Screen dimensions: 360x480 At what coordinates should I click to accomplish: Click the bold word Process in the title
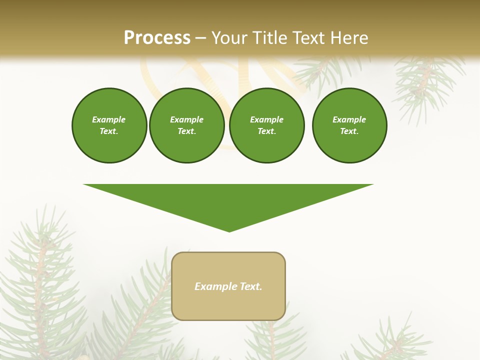(157, 38)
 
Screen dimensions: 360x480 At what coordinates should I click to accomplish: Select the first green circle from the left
(109, 125)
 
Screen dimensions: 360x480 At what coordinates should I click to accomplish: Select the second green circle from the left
(186, 125)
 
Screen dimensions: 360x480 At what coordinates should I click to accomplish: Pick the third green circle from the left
(266, 125)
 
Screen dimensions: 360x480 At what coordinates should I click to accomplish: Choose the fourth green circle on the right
(349, 125)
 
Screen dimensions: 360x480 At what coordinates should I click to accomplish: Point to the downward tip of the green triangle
(229, 230)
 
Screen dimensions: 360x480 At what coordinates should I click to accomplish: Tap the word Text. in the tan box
(250, 286)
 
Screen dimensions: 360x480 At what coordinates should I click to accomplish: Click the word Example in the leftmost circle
(109, 119)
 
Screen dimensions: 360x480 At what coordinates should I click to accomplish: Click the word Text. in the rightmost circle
(349, 131)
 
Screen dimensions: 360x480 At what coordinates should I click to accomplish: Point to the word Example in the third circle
(266, 119)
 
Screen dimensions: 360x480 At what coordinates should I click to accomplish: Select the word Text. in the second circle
(186, 131)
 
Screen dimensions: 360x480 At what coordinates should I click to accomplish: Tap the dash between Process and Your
(201, 38)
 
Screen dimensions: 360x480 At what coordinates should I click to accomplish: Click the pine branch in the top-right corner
(425, 80)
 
